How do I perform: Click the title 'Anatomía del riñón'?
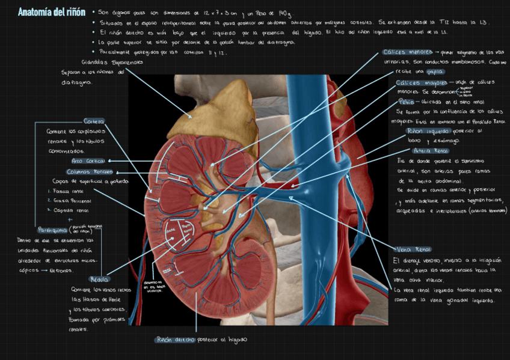click(52, 11)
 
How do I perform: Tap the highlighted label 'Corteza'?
click(94, 121)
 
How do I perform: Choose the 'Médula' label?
click(99, 279)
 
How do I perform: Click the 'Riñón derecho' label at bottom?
click(175, 340)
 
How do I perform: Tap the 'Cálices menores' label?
click(407, 52)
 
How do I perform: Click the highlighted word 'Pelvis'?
click(407, 102)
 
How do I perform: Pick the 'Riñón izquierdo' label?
click(428, 130)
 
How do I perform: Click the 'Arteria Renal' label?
click(431, 151)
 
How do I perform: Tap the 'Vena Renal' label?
click(414, 249)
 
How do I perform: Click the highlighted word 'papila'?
click(437, 72)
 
